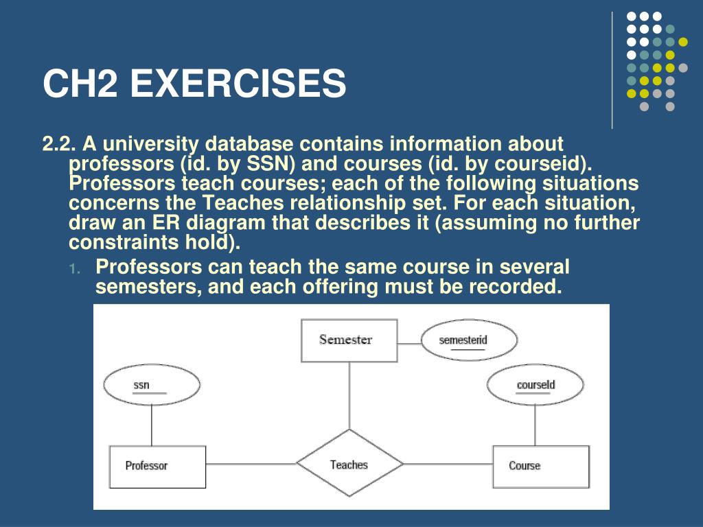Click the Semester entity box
click(349, 340)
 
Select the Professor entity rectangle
click(157, 467)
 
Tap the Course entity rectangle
click(540, 467)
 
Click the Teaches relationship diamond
click(349, 464)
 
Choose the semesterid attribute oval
click(468, 340)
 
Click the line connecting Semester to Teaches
click(349, 395)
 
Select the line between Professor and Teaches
click(251, 464)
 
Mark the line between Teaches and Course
click(448, 464)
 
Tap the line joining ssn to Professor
click(151, 425)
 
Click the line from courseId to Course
click(535, 425)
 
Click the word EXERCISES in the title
click(238, 83)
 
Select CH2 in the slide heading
click(81, 83)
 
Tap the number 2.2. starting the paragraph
click(58, 145)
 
